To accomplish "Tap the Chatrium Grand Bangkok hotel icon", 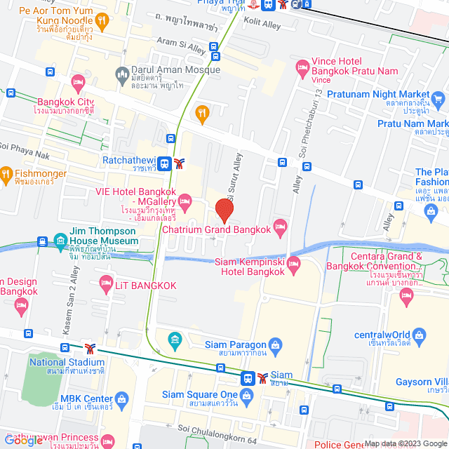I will (x=280, y=224).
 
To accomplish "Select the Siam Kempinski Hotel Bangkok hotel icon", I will (x=293, y=264).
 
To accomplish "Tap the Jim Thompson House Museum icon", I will (x=59, y=239).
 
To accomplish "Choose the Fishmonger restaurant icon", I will (x=6, y=174).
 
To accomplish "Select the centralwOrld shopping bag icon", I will (x=419, y=336).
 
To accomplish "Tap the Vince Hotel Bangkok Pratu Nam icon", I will (x=303, y=68).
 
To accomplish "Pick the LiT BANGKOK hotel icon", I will (x=105, y=283).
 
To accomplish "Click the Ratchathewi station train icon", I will (x=165, y=163).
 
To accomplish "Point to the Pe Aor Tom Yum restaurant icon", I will (x=102, y=20).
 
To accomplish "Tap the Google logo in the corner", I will (x=23, y=440).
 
